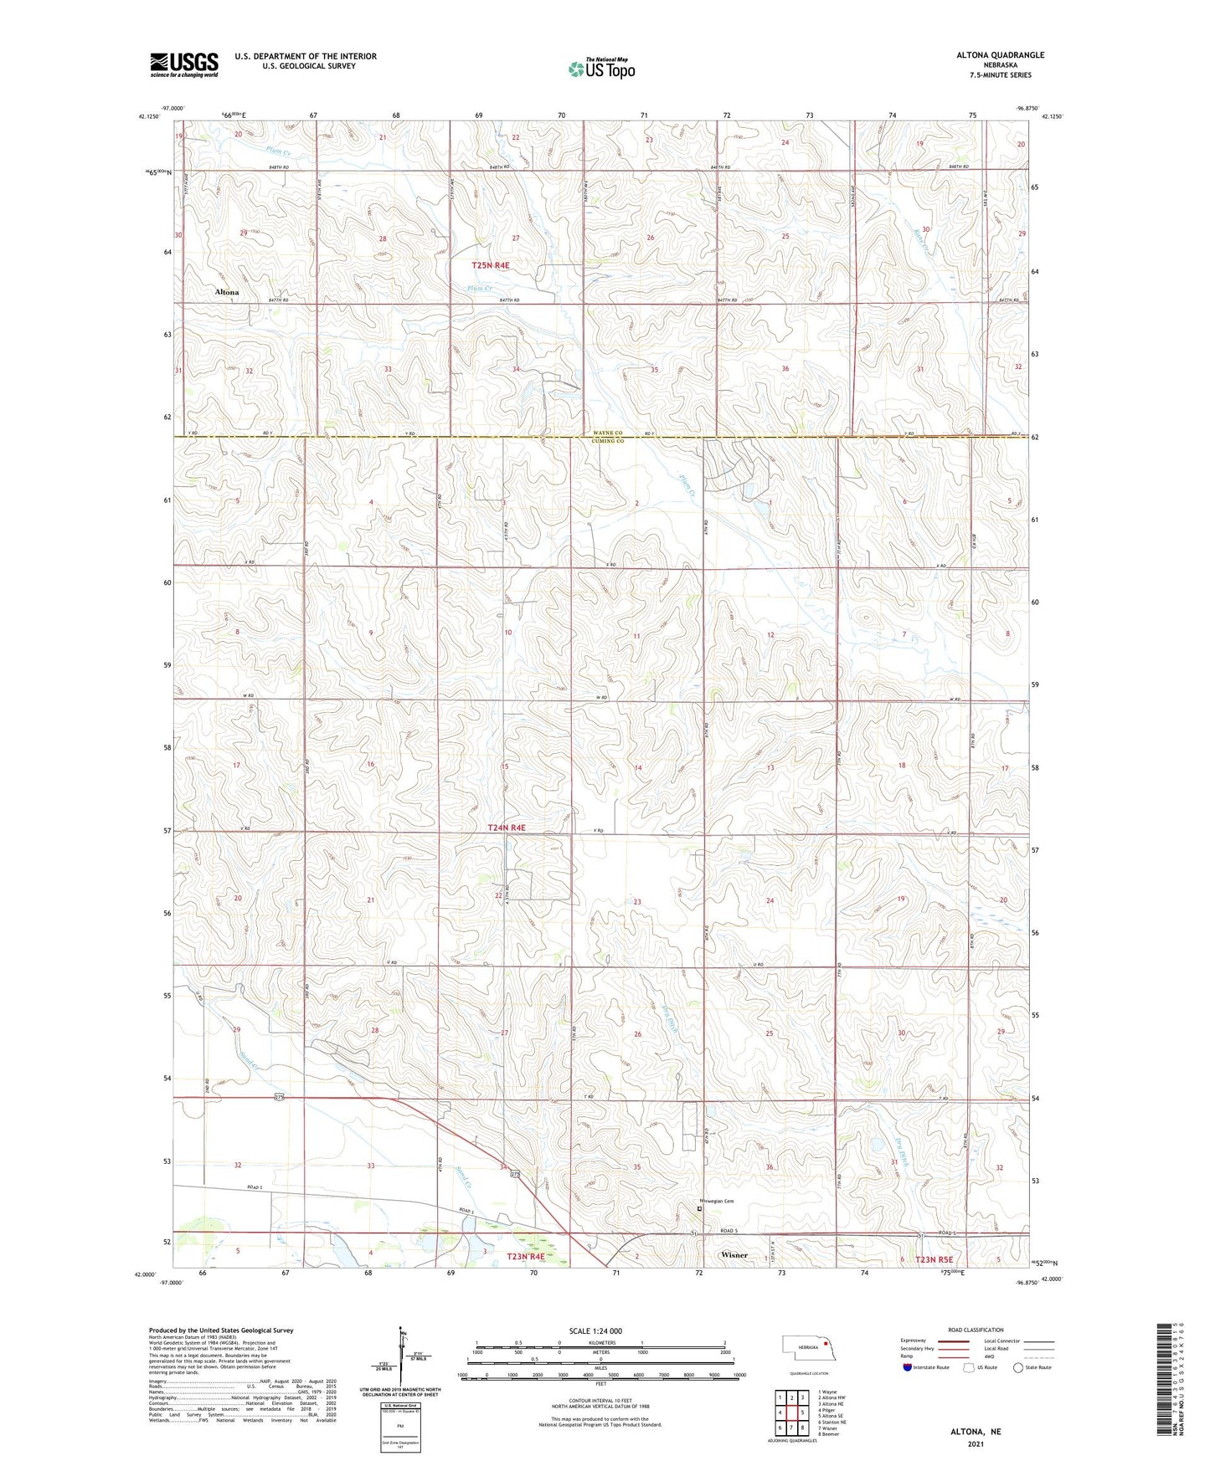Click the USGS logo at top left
click(x=183, y=64)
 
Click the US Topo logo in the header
click(x=600, y=69)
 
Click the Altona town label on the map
click(x=226, y=292)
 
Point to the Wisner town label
click(x=734, y=1255)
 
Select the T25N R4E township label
click(x=490, y=265)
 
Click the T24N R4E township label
click(x=507, y=828)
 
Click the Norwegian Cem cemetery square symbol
click(x=700, y=1208)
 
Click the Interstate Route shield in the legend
click(x=908, y=1367)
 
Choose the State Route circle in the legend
click(x=1018, y=1367)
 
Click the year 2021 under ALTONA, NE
click(x=976, y=1443)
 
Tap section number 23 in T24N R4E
click(x=637, y=902)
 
